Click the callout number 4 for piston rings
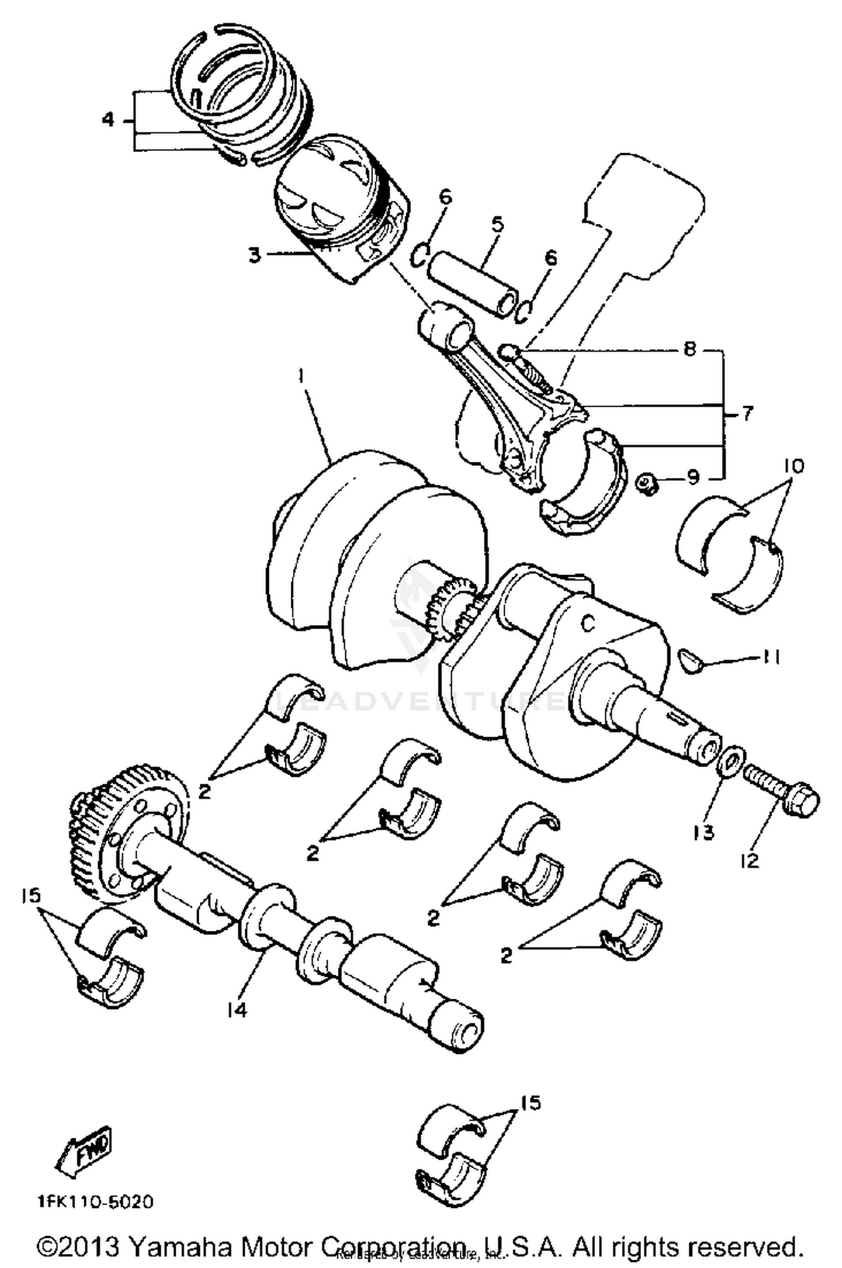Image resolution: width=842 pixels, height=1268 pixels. pos(108,120)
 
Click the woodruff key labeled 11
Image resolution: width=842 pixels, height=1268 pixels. pos(692,659)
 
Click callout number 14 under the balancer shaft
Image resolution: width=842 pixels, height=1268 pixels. pos(237,1010)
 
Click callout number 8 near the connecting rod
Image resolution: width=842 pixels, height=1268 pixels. pos(689,349)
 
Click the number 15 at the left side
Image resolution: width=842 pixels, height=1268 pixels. pos(32,895)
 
